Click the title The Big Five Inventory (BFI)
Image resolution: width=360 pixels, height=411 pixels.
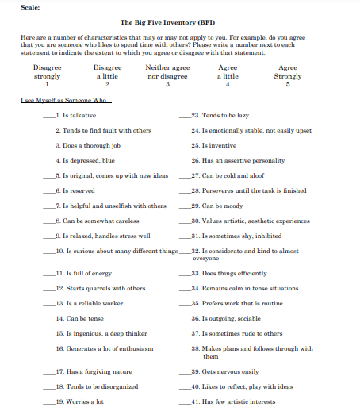coord(170,23)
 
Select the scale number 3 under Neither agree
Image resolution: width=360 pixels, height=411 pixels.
coord(168,84)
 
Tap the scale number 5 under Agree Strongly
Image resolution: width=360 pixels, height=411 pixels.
coord(288,84)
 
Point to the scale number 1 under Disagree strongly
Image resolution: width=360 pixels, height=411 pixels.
coord(47,84)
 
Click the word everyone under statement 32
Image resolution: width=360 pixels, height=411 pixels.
coord(206,259)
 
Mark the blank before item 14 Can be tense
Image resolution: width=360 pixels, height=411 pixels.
coord(49,319)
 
